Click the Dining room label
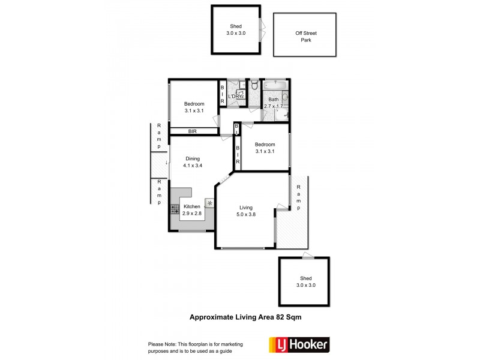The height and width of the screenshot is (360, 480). coord(193,158)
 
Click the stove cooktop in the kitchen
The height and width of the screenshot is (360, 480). coord(175,209)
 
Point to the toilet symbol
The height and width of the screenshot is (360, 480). coord(254,86)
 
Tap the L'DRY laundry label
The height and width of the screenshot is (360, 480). coord(235,96)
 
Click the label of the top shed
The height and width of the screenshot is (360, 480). coord(236,26)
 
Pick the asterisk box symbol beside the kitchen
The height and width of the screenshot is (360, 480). coord(210,203)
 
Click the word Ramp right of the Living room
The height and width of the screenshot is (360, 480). coord(298,197)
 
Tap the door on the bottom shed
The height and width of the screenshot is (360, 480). coord(307,256)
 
